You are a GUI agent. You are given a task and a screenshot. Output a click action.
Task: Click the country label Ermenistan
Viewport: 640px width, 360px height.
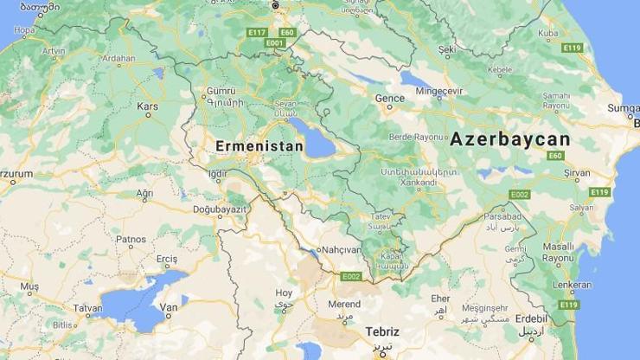click(x=260, y=146)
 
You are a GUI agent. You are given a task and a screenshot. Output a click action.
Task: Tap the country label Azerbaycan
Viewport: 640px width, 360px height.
click(x=510, y=139)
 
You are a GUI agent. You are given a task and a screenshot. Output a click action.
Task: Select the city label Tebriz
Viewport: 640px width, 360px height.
click(x=382, y=331)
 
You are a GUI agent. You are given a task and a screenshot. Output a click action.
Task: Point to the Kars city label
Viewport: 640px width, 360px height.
click(x=148, y=106)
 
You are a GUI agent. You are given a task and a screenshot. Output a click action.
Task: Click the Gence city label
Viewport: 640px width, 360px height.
click(x=389, y=98)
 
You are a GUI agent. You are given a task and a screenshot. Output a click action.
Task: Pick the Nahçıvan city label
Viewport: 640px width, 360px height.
click(x=340, y=249)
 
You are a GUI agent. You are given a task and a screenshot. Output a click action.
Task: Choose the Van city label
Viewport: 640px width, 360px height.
click(x=170, y=306)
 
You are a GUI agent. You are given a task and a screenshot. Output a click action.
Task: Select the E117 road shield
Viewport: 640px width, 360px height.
click(x=257, y=33)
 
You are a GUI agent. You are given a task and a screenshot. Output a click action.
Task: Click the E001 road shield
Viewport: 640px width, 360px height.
click(x=276, y=42)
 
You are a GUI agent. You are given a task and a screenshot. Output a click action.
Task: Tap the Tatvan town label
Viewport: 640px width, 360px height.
click(x=87, y=308)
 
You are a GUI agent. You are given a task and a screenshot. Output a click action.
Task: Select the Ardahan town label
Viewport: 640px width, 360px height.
click(x=118, y=60)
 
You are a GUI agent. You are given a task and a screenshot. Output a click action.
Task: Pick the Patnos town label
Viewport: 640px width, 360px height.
click(x=131, y=239)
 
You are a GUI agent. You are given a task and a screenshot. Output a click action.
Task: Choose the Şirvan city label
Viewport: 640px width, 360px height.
click(x=577, y=173)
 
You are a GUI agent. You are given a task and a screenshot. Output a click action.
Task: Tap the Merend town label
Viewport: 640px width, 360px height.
click(x=344, y=304)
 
